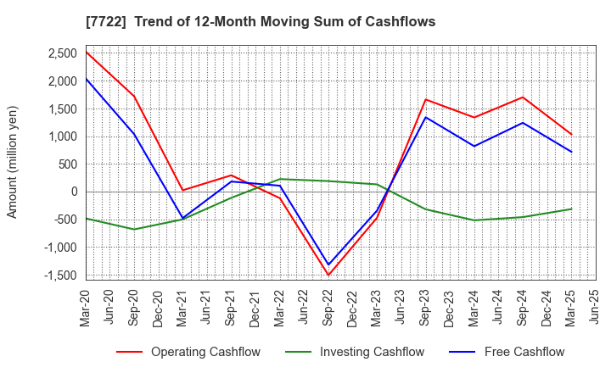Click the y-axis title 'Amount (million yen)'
(x=13, y=162)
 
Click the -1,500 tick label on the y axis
(x=60, y=275)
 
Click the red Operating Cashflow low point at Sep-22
(x=328, y=275)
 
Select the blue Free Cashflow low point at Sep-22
(x=328, y=264)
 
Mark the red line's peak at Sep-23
(x=426, y=99)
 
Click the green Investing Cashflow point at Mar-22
(x=280, y=179)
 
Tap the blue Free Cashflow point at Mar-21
(x=182, y=218)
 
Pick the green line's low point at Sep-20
(x=134, y=229)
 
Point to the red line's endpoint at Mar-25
(x=571, y=134)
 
